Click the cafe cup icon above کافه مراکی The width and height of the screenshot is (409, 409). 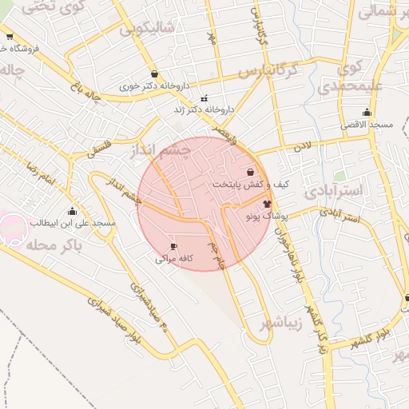click(173, 247)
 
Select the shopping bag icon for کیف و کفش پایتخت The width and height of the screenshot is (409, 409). click(251, 172)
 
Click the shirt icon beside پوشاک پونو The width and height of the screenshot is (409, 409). click(267, 204)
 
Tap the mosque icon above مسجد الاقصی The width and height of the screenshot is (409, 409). click(367, 113)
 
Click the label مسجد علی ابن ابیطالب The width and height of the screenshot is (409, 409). click(73, 223)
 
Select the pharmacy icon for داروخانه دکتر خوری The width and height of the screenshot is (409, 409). click(153, 74)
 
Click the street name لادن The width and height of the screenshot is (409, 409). click(300, 147)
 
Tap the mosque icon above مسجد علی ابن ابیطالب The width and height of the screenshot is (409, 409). click(73, 212)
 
